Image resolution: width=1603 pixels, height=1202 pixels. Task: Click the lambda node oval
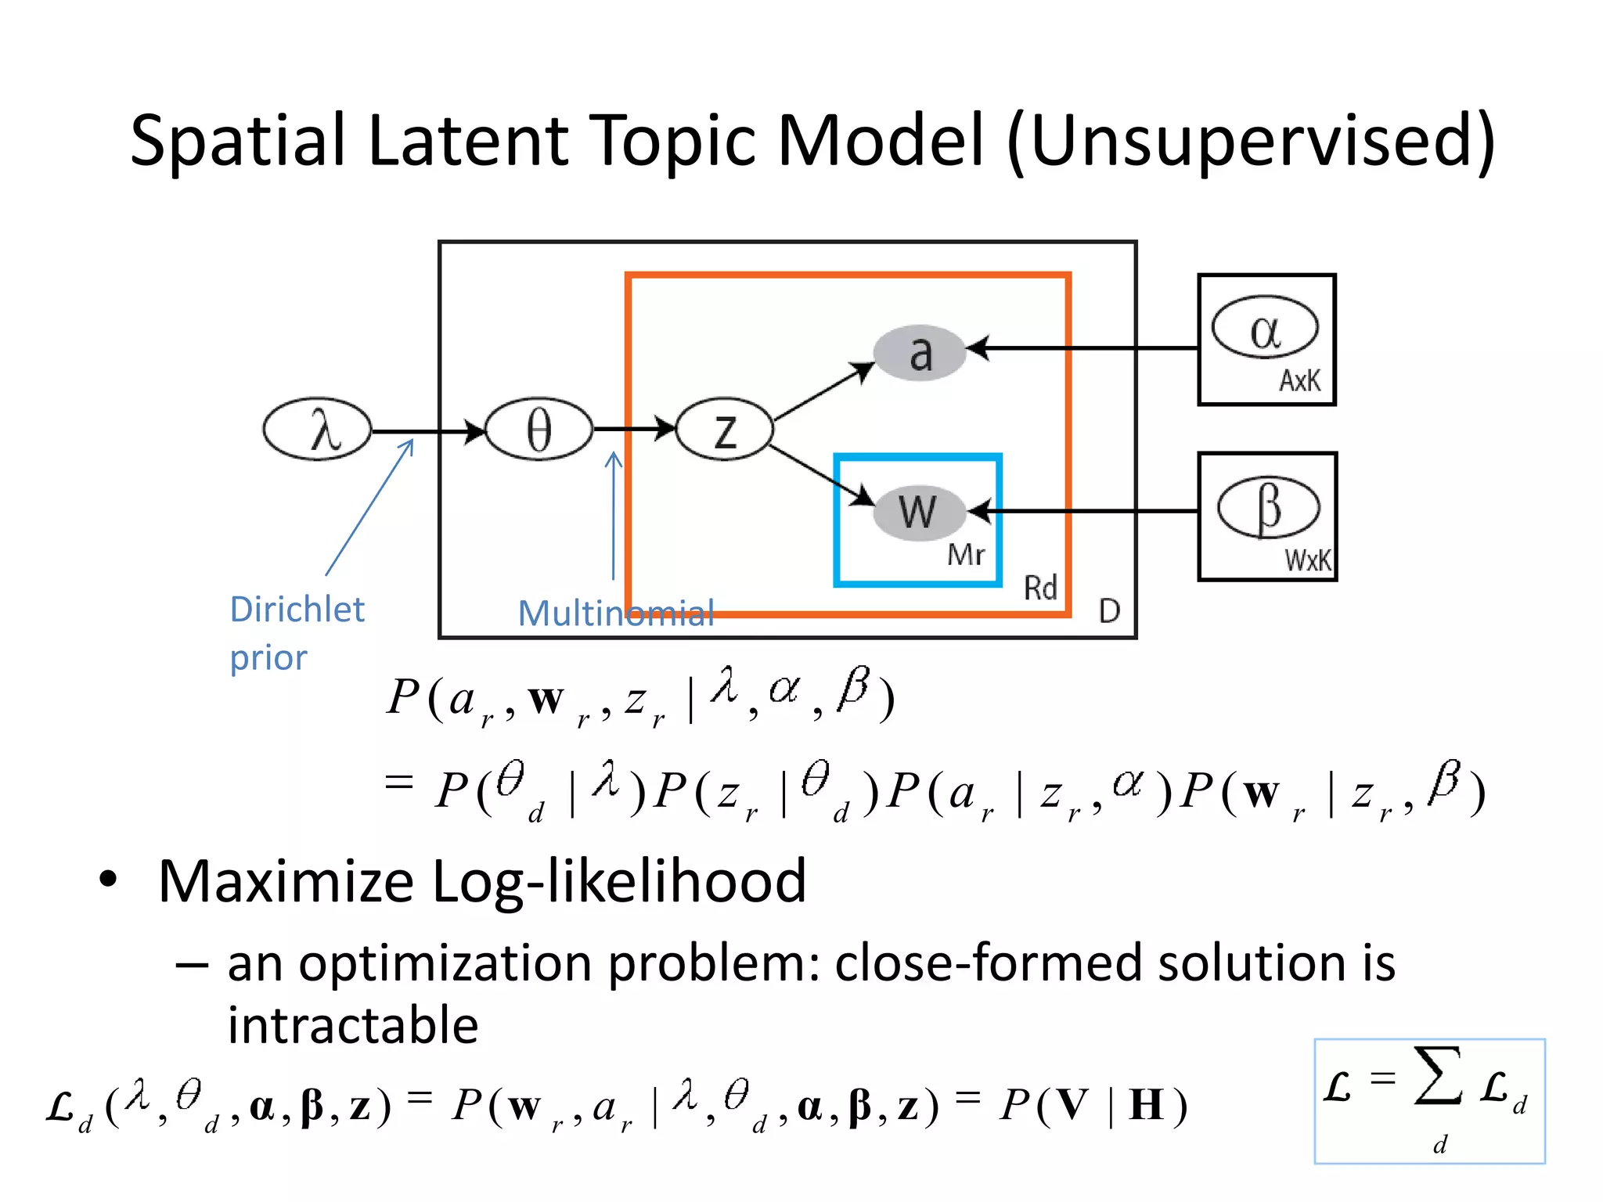[x=317, y=429]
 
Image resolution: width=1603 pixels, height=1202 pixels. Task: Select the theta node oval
[x=539, y=429]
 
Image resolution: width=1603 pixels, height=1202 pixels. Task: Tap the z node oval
[x=725, y=429]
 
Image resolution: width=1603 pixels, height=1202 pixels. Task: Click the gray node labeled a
[x=920, y=352]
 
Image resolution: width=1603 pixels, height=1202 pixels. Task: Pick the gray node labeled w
[x=918, y=511]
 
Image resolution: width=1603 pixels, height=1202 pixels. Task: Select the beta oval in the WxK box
[x=1268, y=507]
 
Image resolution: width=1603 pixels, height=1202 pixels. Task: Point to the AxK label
[x=1299, y=381]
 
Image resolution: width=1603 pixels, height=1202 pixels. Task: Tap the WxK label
[x=1307, y=560]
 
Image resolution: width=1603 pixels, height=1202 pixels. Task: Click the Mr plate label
[x=966, y=555]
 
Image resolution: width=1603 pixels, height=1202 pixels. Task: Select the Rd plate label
[x=1040, y=588]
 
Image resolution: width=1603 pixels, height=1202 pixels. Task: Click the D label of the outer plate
[x=1109, y=610]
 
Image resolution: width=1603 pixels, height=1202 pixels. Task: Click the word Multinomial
[x=616, y=613]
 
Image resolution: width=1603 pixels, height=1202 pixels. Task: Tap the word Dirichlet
[x=297, y=609]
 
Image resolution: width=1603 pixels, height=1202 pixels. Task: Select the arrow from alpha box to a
[x=1088, y=347]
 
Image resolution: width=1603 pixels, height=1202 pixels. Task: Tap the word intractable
[x=353, y=1025]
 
